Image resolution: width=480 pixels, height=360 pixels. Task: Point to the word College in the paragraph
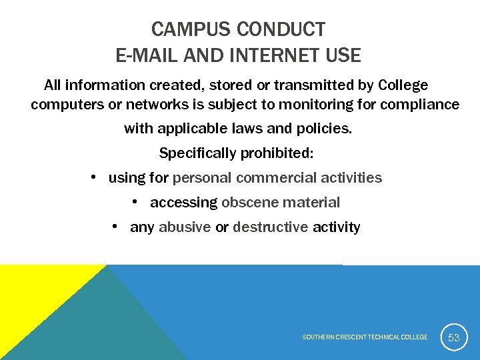click(x=403, y=85)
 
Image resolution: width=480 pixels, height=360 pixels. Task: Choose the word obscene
click(x=250, y=203)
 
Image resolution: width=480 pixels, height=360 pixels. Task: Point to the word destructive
click(x=271, y=227)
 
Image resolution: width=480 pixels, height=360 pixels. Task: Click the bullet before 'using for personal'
click(x=95, y=177)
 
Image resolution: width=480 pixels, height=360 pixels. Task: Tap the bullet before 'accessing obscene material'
click(x=136, y=202)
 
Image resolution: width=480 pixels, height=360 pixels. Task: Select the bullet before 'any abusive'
click(x=116, y=227)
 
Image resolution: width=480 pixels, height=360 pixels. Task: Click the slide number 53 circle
click(x=453, y=337)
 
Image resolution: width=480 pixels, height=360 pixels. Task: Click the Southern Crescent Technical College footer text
click(x=365, y=337)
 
